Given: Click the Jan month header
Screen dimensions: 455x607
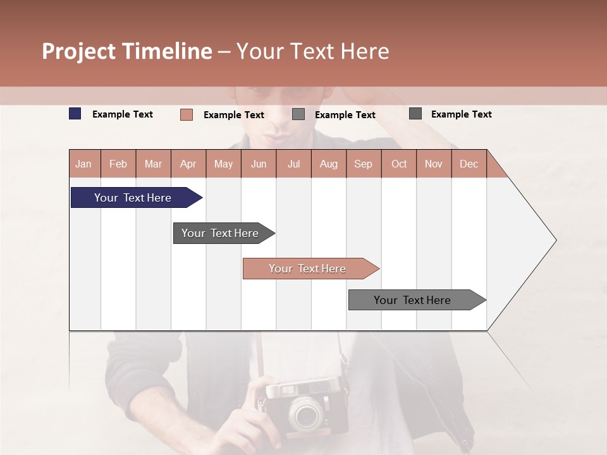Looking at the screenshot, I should click(83, 164).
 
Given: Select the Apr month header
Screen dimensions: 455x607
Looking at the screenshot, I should click(188, 164).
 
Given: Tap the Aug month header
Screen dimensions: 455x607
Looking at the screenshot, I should click(328, 164).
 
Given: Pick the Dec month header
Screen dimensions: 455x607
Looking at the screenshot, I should click(469, 164).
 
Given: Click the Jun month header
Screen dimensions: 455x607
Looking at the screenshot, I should click(259, 164).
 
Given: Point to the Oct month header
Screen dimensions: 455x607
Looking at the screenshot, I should click(399, 164).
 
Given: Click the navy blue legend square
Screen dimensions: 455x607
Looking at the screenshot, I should click(75, 114).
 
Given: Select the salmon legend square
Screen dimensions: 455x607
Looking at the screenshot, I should click(187, 114).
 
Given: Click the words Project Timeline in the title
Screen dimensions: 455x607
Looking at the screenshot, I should click(127, 51).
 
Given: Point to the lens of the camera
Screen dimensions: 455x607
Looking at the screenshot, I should click(307, 415).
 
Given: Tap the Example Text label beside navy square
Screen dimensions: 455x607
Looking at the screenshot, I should click(123, 114).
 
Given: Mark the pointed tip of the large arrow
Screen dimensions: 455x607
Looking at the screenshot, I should click(555, 240).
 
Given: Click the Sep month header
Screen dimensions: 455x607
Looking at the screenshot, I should click(363, 164).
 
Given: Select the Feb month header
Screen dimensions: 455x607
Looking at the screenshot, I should click(118, 164).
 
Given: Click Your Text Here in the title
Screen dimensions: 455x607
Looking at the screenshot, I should click(312, 51).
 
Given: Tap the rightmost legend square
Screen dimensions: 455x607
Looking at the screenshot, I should click(415, 114).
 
